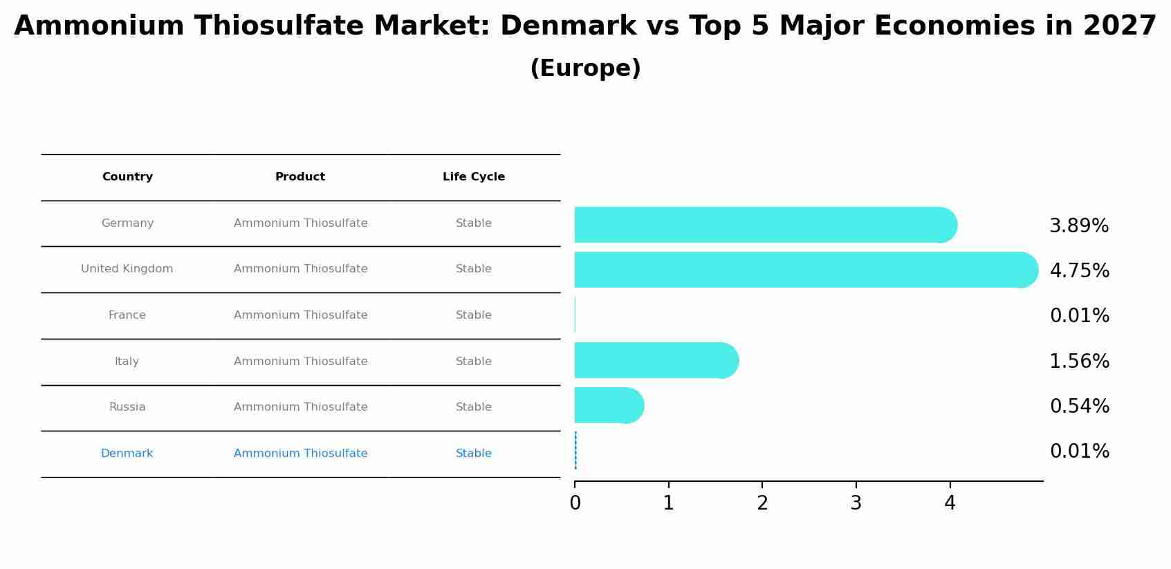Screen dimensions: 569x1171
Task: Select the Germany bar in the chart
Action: pyautogui.click(x=761, y=225)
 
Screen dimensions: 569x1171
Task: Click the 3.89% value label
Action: pyautogui.click(x=1079, y=226)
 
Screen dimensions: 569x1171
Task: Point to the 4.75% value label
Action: pyautogui.click(x=1079, y=271)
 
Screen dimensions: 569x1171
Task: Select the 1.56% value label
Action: pyautogui.click(x=1079, y=362)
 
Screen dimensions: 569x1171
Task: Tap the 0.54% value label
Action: pyautogui.click(x=1079, y=407)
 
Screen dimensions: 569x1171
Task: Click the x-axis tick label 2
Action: pyautogui.click(x=762, y=503)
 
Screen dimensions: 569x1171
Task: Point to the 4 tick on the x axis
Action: pyautogui.click(x=950, y=503)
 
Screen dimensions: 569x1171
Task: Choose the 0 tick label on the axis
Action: pyautogui.click(x=575, y=503)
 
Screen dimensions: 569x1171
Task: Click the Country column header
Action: pyautogui.click(x=127, y=177)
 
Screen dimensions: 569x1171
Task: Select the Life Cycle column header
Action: pyautogui.click(x=474, y=177)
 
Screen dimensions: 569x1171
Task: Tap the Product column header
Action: pyautogui.click(x=300, y=177)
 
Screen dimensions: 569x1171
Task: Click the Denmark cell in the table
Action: pyautogui.click(x=127, y=454)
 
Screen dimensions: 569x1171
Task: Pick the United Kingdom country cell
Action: pyautogui.click(x=127, y=269)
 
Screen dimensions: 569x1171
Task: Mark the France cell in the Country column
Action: pyautogui.click(x=127, y=315)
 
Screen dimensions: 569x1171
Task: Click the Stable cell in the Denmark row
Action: pyautogui.click(x=474, y=454)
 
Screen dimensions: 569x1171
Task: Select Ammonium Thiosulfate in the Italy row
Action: pyautogui.click(x=301, y=362)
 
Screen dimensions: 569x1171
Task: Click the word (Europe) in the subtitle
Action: pyautogui.click(x=585, y=68)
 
